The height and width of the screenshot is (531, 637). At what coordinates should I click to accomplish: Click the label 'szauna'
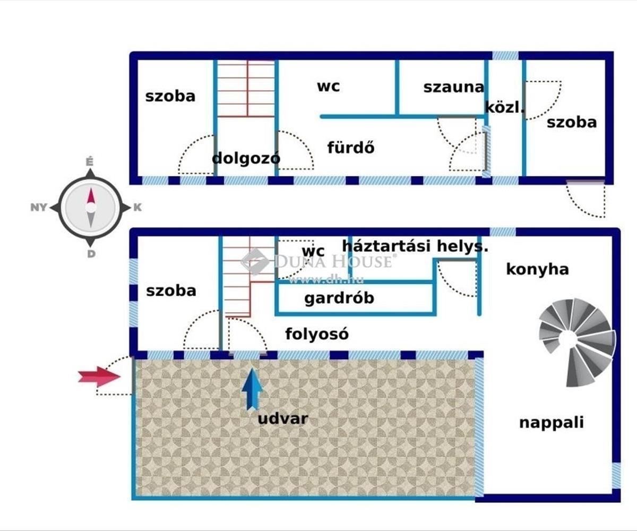coord(453,87)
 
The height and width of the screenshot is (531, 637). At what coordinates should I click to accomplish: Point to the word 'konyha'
coord(537,269)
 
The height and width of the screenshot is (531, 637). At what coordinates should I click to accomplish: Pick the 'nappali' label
coord(551,423)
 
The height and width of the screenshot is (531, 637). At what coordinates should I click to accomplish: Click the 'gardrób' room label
coord(339,298)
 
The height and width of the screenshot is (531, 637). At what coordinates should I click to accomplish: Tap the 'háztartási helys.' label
coord(415,246)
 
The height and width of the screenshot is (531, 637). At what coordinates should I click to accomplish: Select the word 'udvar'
coord(283,418)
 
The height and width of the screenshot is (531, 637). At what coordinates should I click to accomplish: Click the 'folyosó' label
coord(317,334)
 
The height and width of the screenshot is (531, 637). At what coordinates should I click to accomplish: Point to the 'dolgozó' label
coord(246,158)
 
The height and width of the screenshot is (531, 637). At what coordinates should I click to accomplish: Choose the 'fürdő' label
coord(350,147)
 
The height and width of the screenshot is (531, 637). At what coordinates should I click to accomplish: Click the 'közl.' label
coord(504,107)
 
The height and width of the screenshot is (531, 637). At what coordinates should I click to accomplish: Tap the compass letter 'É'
coord(90,161)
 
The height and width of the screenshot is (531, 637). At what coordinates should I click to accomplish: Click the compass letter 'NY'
coord(39,208)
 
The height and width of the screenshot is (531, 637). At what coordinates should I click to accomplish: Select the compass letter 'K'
coord(137,208)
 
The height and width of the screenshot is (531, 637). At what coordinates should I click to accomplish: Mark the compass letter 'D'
coord(91,254)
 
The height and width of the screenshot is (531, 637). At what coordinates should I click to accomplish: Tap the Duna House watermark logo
coord(255,261)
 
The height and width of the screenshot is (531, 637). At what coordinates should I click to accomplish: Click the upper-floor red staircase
coord(247,88)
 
